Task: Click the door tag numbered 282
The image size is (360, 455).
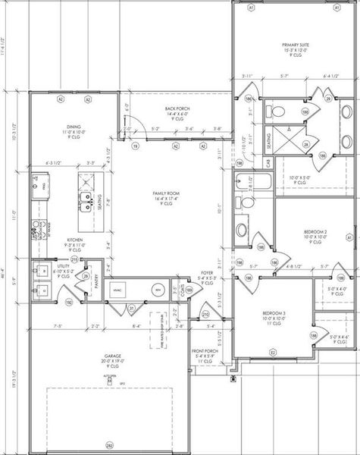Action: coord(109,445)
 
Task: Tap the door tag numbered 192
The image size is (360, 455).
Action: coord(70,302)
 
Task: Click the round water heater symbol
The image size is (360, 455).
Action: coord(158,290)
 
